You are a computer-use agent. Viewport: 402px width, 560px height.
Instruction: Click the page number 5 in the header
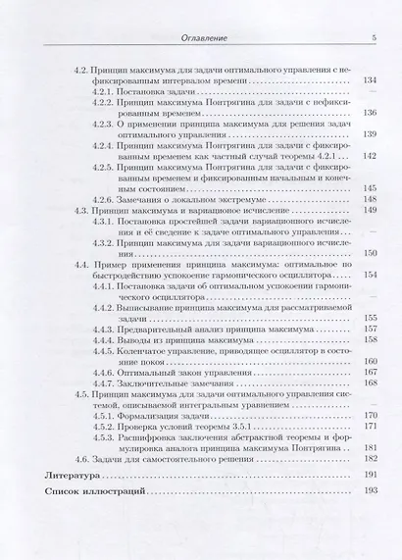pyautogui.click(x=373, y=36)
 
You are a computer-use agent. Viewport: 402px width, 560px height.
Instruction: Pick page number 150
pyautogui.click(x=369, y=252)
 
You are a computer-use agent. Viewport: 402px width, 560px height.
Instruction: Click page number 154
pyautogui.click(x=369, y=275)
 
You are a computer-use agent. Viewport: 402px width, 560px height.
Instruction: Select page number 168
pyautogui.click(x=369, y=382)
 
